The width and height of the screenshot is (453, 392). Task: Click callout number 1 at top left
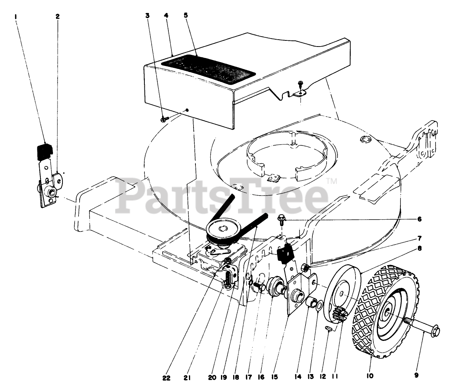(x=16, y=16)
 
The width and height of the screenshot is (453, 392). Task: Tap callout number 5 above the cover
(x=186, y=16)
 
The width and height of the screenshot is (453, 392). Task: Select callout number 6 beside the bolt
(x=419, y=219)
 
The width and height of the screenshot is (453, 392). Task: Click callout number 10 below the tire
(x=370, y=376)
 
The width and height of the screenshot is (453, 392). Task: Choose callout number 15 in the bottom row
(x=274, y=377)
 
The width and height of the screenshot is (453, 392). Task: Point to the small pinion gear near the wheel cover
(x=339, y=315)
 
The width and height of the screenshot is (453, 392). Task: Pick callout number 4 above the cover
(x=166, y=16)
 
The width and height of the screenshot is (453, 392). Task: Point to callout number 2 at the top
(x=58, y=16)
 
